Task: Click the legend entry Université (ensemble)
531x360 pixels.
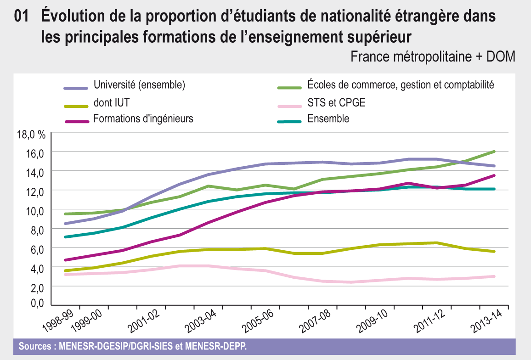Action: point(139,84)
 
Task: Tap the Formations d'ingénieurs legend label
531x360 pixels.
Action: point(143,118)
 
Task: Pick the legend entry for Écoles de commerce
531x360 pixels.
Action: point(400,84)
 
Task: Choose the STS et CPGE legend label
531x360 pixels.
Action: point(336,102)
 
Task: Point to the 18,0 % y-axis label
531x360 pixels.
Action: point(30,135)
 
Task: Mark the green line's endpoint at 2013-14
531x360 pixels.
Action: point(494,151)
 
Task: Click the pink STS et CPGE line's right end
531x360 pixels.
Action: point(494,276)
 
